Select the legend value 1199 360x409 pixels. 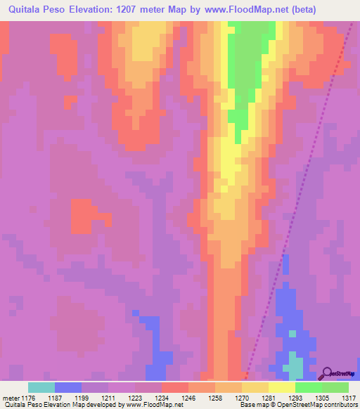point(89,398)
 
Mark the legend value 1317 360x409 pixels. point(340,398)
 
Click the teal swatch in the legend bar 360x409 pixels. point(41,387)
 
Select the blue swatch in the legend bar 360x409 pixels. point(68,387)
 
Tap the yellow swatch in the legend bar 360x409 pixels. point(282,387)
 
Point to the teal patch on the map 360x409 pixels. point(296,367)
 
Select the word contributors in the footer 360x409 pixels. point(340,405)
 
